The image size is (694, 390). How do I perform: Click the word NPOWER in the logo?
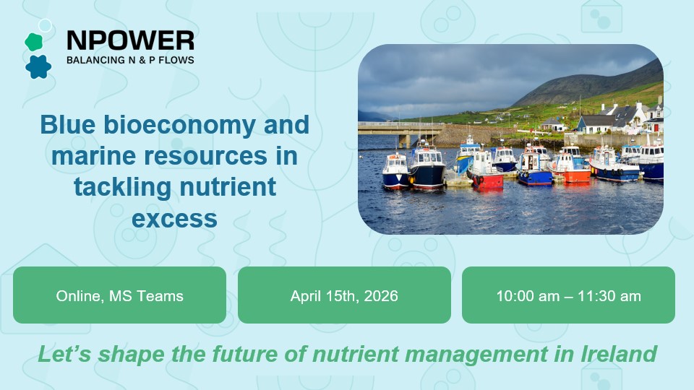pyautogui.click(x=130, y=40)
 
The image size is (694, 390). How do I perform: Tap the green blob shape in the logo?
pyautogui.click(x=33, y=42)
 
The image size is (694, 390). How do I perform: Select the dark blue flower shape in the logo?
pyautogui.click(x=38, y=66)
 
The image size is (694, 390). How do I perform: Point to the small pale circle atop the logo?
pyautogui.click(x=46, y=26)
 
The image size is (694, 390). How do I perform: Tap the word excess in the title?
pyautogui.click(x=174, y=217)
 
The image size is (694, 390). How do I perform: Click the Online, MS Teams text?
pyautogui.click(x=119, y=295)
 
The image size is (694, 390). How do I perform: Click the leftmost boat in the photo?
pyautogui.click(x=395, y=172)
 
